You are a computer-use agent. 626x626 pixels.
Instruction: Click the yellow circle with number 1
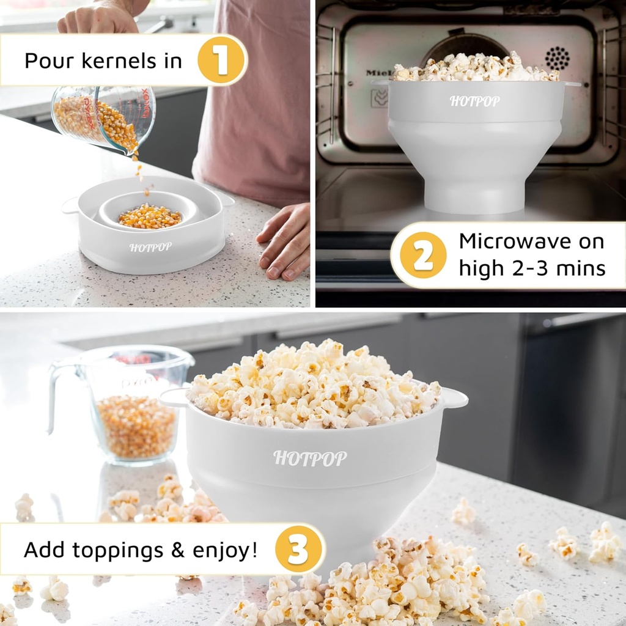point(221,60)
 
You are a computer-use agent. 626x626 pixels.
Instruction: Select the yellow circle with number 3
point(298,548)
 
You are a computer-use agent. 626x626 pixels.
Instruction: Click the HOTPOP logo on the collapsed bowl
point(150,247)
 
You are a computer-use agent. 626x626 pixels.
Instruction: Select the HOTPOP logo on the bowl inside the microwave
point(474,101)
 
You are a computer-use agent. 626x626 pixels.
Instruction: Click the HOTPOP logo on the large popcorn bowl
point(310,458)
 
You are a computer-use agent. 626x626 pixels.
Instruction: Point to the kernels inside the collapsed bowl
point(150,216)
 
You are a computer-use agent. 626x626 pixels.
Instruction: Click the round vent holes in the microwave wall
point(557,59)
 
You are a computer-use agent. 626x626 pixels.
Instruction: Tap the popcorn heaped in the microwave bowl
point(474,69)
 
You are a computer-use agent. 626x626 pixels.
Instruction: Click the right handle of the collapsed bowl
point(226,200)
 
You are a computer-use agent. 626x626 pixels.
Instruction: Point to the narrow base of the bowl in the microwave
point(474,196)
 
